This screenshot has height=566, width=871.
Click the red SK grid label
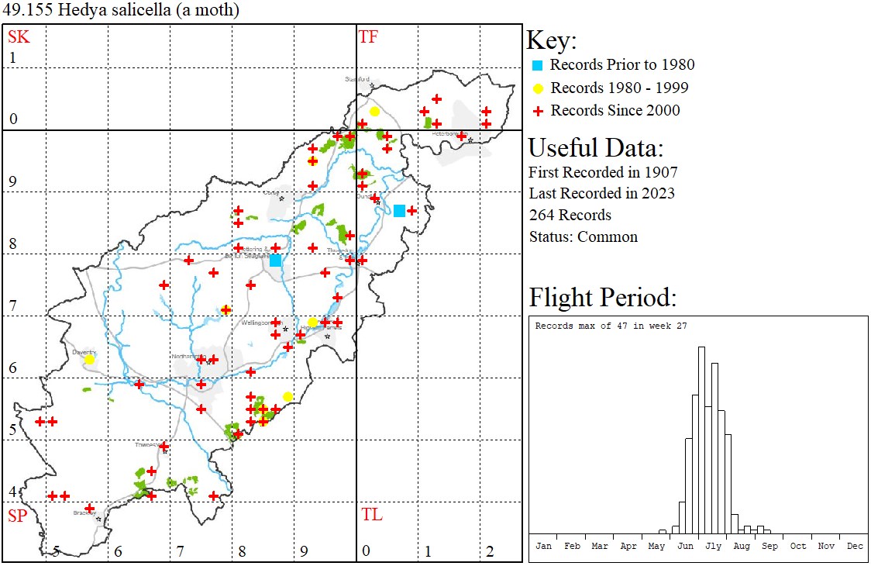17,36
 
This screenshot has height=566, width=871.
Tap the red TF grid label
368,36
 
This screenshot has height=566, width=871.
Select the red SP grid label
17,515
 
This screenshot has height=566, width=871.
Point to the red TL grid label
371,515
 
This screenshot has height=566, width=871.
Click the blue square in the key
537,65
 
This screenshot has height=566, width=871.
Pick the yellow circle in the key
537,88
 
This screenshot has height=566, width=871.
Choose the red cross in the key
537,111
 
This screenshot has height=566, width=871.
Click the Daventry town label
82,350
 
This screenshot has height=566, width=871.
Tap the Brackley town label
83,513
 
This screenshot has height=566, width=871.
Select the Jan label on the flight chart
544,546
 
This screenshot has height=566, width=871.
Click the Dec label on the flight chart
855,546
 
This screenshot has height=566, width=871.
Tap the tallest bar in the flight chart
701,440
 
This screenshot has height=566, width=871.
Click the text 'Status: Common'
583,236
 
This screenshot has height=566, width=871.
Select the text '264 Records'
570,215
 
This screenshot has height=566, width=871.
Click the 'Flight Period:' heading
603,298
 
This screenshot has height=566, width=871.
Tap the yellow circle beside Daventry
89,359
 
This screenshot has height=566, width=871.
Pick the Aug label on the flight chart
742,546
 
